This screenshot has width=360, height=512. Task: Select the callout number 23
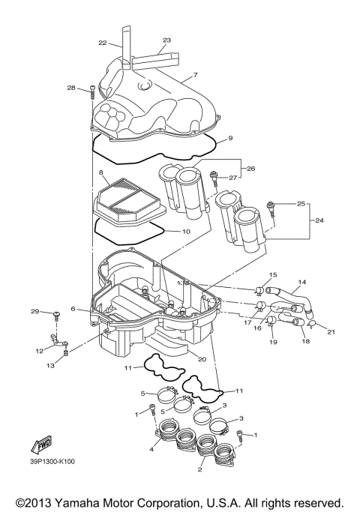(166, 40)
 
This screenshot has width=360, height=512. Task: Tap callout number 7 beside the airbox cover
(194, 75)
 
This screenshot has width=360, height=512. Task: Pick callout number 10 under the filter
(185, 232)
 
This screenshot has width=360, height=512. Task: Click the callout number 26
(251, 169)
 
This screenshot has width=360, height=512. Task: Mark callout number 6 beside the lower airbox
(73, 309)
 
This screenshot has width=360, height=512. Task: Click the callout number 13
(50, 366)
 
